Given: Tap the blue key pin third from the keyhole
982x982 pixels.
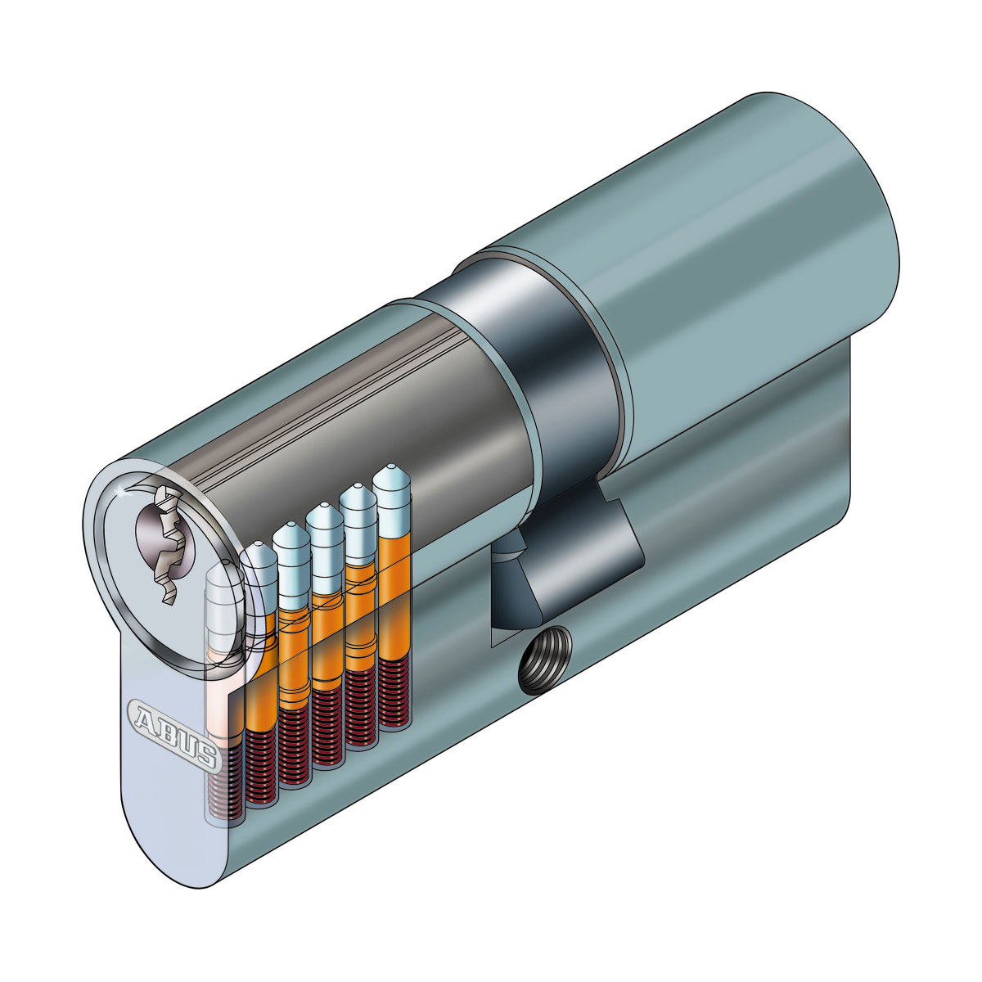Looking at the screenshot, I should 291,565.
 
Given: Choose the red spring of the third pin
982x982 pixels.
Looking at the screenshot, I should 293,749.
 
